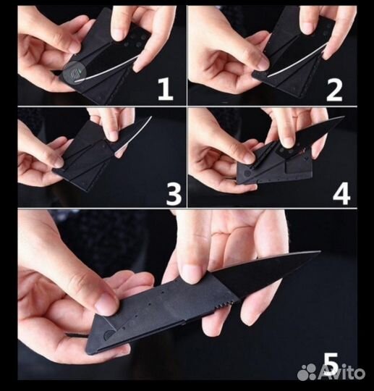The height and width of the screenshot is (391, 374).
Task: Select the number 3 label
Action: [x=174, y=193]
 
